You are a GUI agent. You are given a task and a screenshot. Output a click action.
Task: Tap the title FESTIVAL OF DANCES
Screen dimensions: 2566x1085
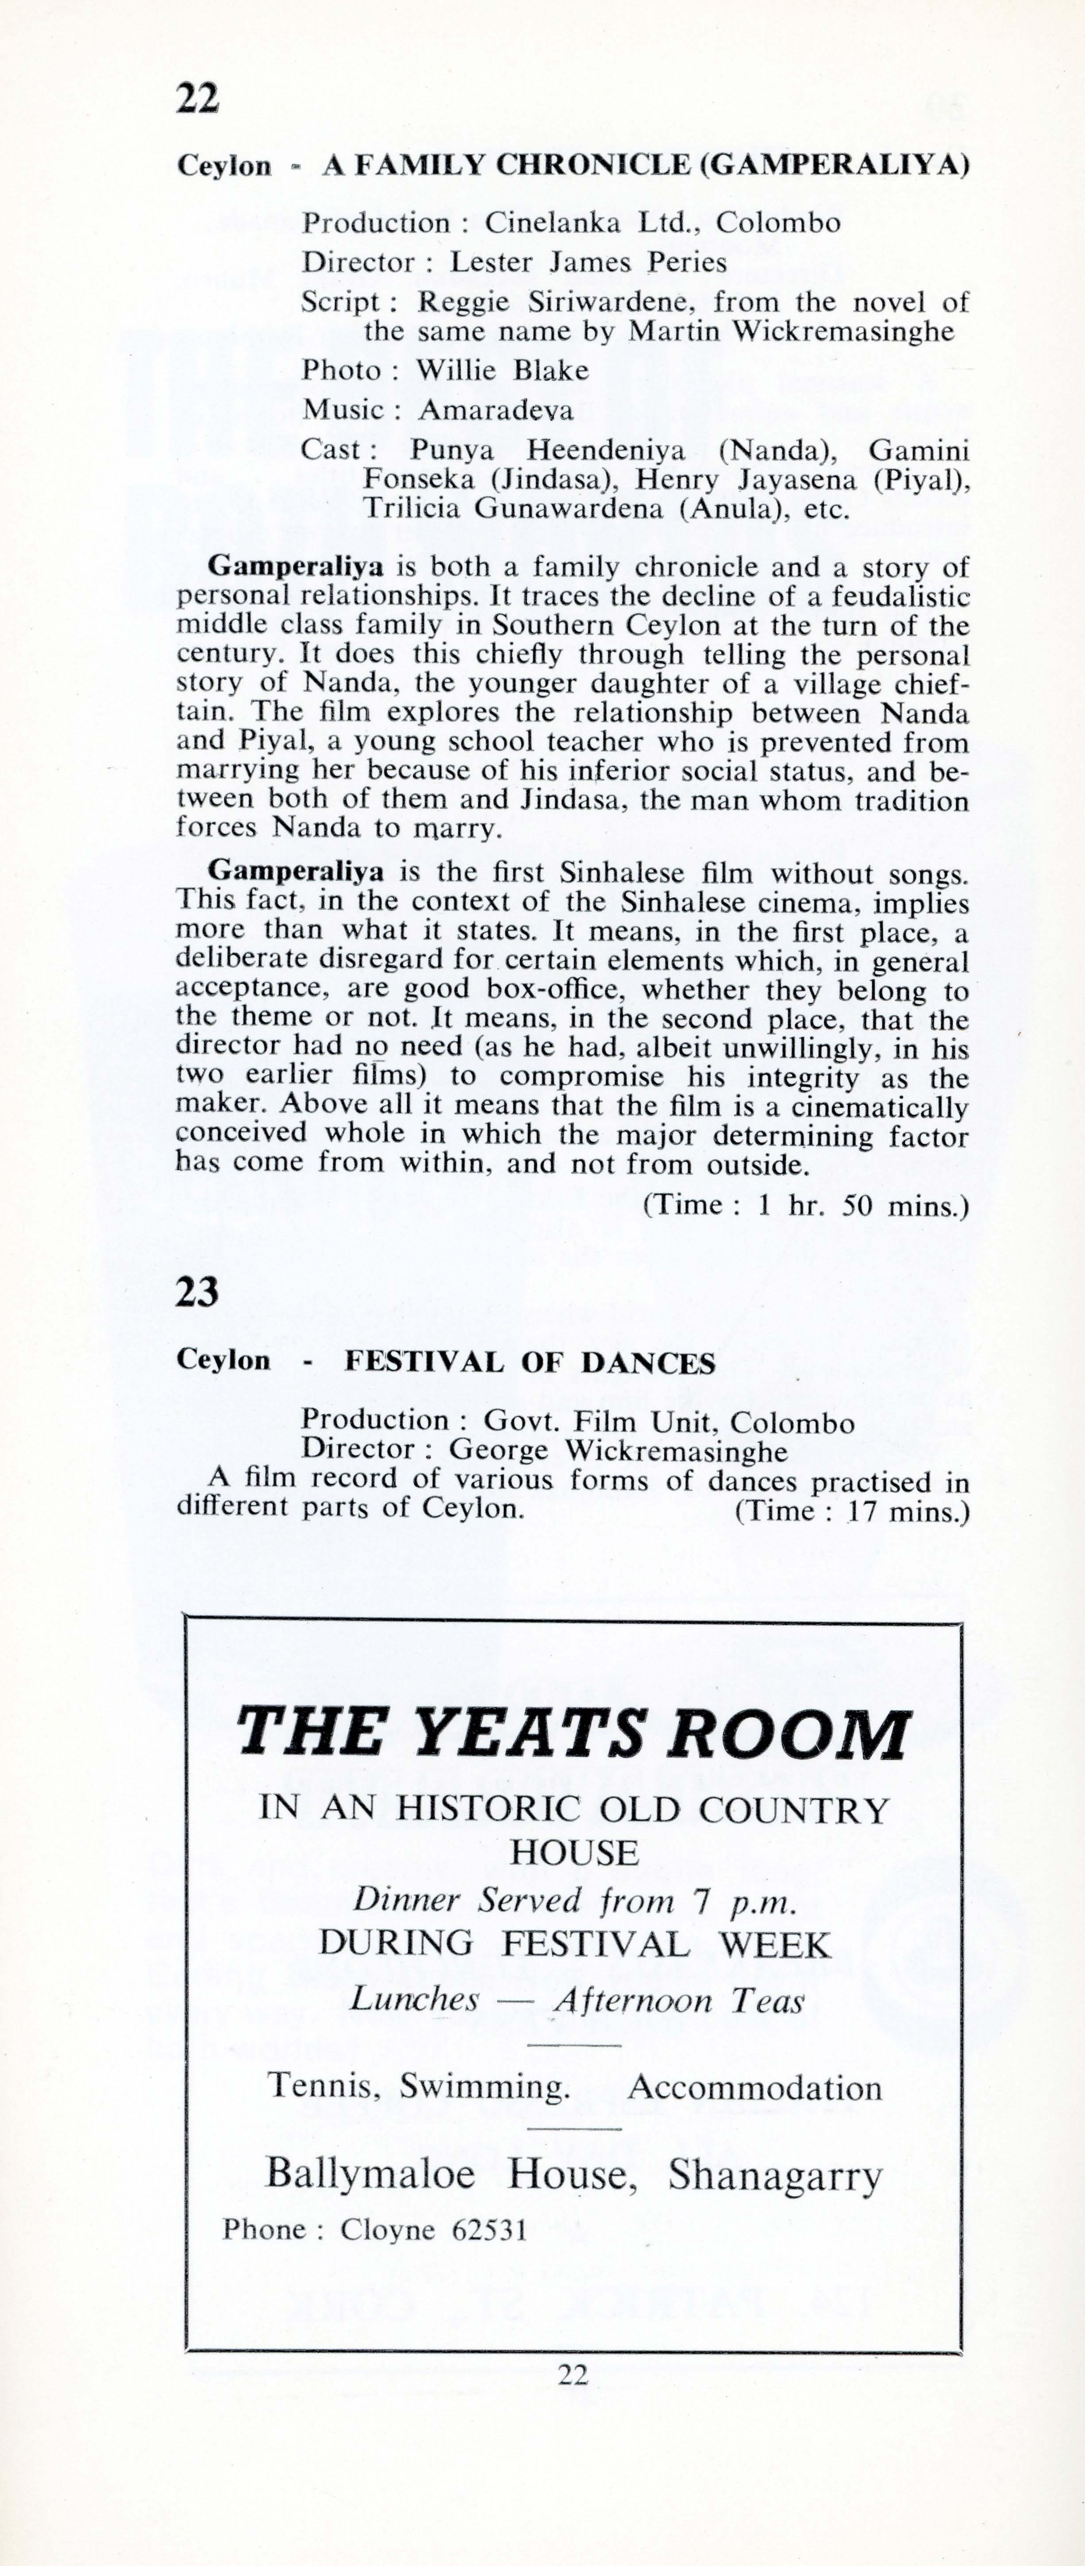tap(530, 1363)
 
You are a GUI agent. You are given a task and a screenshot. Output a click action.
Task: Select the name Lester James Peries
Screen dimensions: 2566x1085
tap(588, 263)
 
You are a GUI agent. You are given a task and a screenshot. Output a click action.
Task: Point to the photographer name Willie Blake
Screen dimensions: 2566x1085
tap(502, 371)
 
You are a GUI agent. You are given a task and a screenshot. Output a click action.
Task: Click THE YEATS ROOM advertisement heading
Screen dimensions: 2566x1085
tap(573, 1734)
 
